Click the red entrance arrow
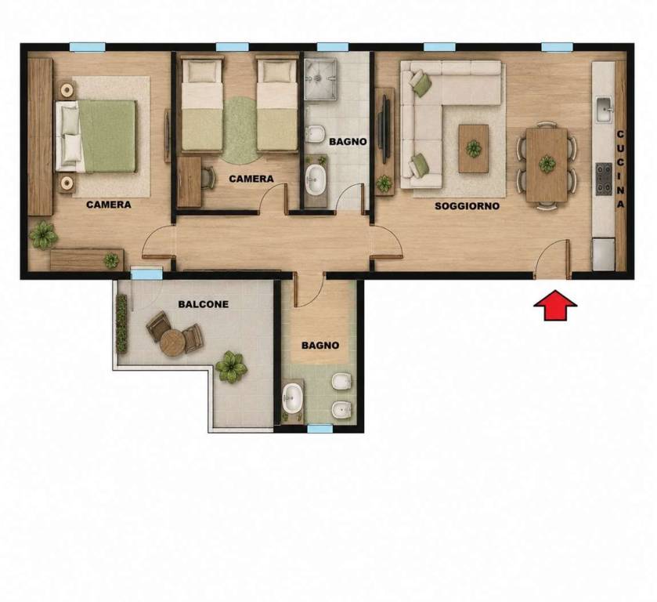[555, 305]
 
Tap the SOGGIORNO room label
[467, 206]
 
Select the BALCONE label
[204, 304]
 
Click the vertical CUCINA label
[620, 169]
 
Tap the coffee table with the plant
[474, 148]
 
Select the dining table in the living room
[547, 165]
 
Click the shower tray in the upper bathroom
[320, 79]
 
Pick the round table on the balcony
[172, 343]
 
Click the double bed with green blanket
[96, 136]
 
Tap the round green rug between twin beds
[240, 130]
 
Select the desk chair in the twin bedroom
[208, 177]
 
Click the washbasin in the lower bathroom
[292, 398]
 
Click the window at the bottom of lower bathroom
[320, 429]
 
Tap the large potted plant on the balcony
[231, 367]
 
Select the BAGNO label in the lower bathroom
[320, 346]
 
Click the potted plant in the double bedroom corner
[43, 235]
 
